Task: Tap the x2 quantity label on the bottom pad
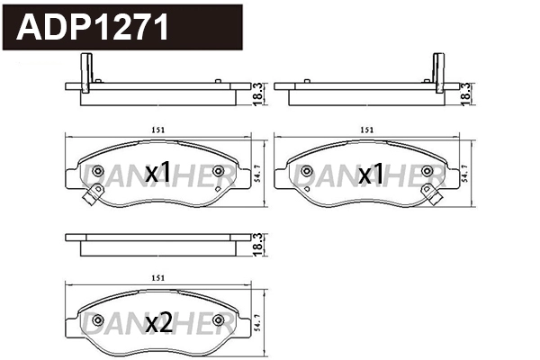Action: point(158,321)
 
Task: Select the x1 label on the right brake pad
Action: point(371,172)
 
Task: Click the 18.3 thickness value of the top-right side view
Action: point(465,92)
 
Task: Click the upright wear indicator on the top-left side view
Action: point(87,72)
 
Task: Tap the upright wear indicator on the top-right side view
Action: point(439,72)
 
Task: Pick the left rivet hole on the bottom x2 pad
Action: point(98,319)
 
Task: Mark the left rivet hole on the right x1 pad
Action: point(308,171)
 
